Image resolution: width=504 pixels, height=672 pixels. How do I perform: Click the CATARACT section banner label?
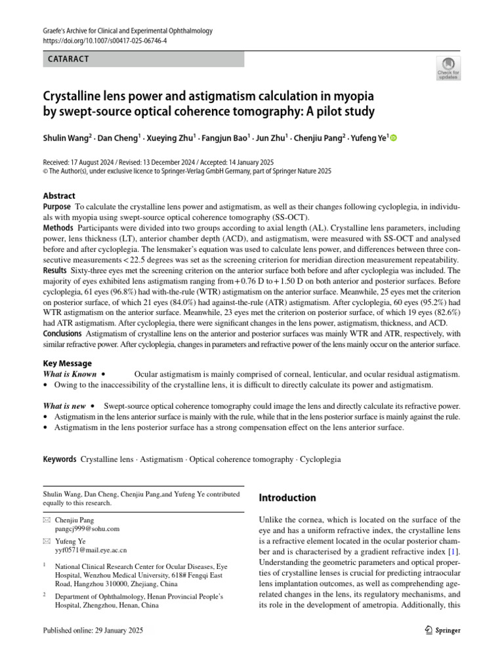[x=69, y=59]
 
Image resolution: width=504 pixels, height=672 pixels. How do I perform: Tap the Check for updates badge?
[x=448, y=68]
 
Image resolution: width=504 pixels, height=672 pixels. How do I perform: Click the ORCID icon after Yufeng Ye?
[x=394, y=138]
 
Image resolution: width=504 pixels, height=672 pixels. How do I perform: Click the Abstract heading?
[x=59, y=196]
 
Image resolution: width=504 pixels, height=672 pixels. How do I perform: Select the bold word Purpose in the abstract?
[x=60, y=207]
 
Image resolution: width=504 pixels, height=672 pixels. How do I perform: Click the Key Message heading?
[x=67, y=364]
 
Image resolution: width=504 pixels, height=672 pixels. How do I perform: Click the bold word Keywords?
[x=60, y=460]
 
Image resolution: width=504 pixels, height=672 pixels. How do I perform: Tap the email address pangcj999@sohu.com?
[x=87, y=528]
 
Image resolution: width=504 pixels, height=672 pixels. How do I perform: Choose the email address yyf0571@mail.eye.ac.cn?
[x=91, y=551]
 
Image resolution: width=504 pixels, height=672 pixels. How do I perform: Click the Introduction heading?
[x=288, y=498]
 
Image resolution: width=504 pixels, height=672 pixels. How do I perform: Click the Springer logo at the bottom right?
[x=443, y=631]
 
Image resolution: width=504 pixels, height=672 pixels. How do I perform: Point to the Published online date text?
[x=93, y=631]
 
